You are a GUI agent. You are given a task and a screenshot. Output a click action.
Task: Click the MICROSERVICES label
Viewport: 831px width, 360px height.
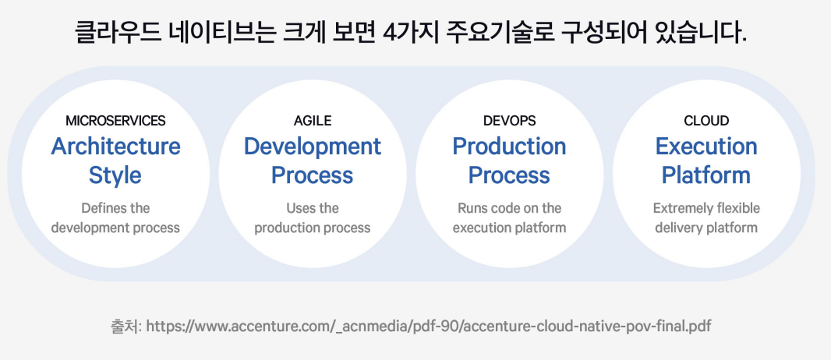[115, 121]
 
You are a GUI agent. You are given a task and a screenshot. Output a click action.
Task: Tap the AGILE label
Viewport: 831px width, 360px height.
[312, 121]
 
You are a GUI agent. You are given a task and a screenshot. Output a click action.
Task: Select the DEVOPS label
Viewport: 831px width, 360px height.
[509, 121]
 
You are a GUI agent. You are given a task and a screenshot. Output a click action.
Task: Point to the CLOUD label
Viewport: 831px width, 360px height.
[706, 121]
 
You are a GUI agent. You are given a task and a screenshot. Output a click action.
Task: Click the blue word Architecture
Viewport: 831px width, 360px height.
[115, 146]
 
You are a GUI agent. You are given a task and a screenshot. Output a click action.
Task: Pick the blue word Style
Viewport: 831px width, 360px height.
[115, 175]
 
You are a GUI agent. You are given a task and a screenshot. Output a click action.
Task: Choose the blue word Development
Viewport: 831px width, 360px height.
[312, 146]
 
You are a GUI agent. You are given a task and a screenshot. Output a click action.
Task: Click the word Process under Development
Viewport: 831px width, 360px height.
[312, 175]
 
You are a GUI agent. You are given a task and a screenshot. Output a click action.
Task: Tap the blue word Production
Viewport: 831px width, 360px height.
[509, 146]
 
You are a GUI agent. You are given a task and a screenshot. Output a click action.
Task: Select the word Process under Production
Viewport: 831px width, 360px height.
[509, 175]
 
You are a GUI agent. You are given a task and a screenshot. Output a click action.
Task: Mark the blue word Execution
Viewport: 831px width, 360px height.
[706, 146]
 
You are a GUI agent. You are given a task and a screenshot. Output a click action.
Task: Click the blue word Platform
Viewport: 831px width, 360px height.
[706, 175]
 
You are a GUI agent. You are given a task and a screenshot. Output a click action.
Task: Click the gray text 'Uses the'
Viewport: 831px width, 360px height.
[312, 208]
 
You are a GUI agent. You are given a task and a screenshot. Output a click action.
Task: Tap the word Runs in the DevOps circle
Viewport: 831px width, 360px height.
[472, 208]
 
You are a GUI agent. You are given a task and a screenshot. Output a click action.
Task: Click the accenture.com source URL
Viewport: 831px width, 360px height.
[428, 326]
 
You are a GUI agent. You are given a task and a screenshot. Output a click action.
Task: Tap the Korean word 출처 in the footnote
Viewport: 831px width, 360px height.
[125, 326]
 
